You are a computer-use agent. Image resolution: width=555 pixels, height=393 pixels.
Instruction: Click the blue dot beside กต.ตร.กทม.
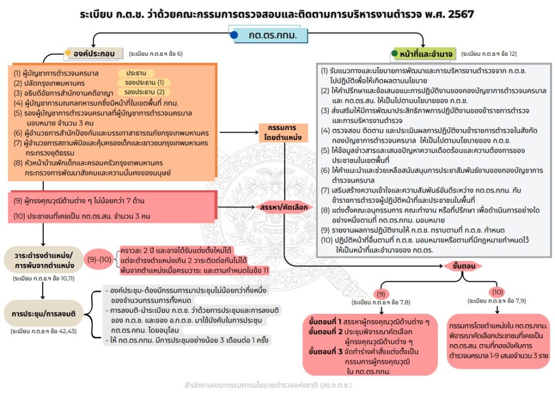(x=234, y=35)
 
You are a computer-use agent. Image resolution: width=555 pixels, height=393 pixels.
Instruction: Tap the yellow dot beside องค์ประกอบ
(x=68, y=53)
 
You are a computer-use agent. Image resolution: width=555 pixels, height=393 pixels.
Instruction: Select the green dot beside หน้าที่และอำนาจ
(x=395, y=54)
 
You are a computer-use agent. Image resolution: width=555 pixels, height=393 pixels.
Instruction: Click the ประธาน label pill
(x=136, y=73)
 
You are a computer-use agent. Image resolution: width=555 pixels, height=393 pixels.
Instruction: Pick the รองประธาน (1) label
(x=144, y=82)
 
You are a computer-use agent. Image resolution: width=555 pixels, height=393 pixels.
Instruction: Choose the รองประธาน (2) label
(x=144, y=92)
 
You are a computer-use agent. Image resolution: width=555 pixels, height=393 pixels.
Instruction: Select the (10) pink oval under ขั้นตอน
(x=498, y=291)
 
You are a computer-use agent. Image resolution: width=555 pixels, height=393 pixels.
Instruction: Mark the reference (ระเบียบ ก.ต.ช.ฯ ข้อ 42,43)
(x=43, y=331)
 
